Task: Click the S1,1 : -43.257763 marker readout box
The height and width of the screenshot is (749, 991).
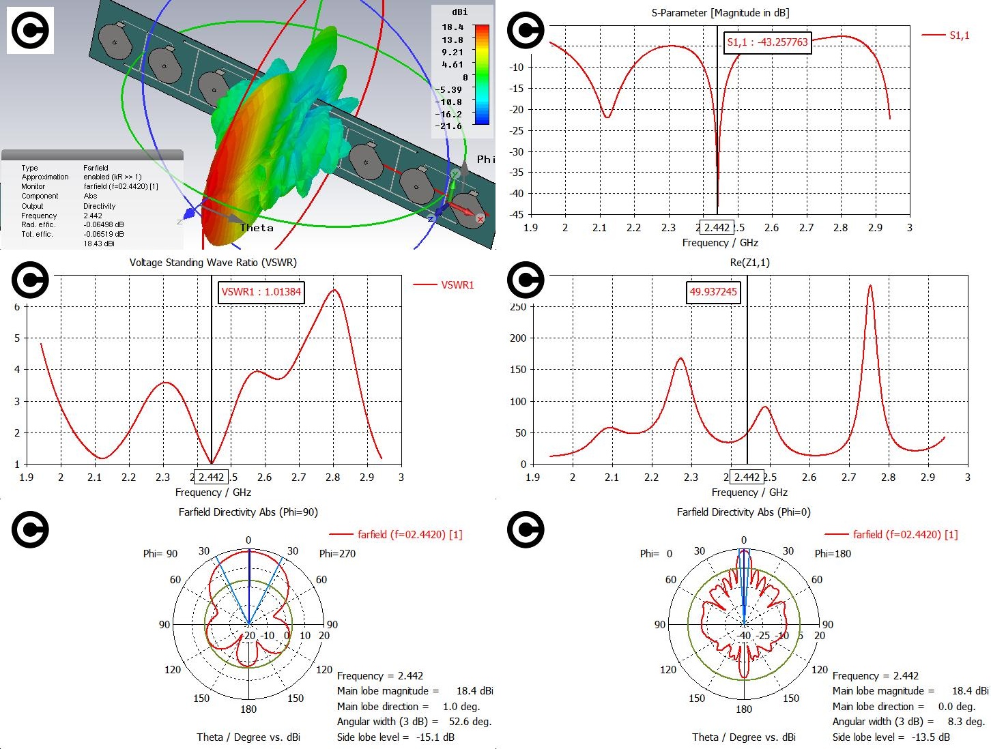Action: (767, 42)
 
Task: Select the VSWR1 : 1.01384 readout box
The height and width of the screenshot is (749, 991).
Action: (261, 292)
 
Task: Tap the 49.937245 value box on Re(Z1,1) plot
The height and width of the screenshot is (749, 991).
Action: (713, 292)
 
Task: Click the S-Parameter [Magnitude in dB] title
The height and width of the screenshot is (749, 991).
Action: (720, 13)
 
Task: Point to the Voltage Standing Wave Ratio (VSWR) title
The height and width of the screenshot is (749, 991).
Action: (213, 263)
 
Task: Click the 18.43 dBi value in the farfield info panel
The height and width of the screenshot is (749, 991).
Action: (99, 244)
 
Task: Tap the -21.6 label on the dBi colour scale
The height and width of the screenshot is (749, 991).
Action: (448, 126)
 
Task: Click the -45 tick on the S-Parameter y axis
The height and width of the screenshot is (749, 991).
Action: (516, 215)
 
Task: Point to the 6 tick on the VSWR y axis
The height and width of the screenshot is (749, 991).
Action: (17, 307)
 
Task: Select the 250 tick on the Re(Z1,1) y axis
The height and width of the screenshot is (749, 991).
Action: (518, 307)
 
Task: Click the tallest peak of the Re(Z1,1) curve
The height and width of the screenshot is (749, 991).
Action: (870, 285)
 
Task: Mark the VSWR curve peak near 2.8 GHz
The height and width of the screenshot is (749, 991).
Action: (334, 290)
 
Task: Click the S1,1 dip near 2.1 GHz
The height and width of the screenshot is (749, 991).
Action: (607, 118)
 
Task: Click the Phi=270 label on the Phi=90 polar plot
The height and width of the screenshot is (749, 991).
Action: (337, 554)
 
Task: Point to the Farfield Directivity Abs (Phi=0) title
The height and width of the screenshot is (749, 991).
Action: (743, 512)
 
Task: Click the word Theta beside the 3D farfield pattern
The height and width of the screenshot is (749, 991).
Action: (257, 228)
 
